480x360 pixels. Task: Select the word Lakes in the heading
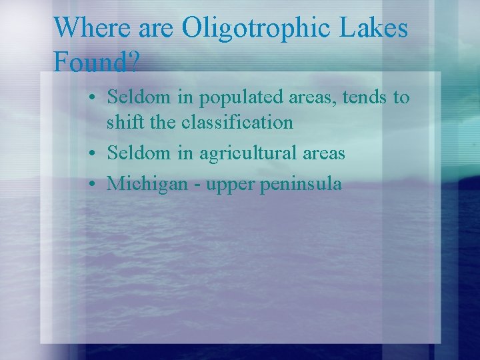pyautogui.click(x=375, y=29)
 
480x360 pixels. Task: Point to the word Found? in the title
pyautogui.click(x=96, y=63)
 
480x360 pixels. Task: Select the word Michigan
pyautogui.click(x=147, y=183)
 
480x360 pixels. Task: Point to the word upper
pyautogui.click(x=229, y=185)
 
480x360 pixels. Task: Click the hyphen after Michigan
pyautogui.click(x=197, y=184)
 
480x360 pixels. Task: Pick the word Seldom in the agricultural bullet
pyautogui.click(x=139, y=153)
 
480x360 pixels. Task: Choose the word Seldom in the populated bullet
pyautogui.click(x=139, y=97)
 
